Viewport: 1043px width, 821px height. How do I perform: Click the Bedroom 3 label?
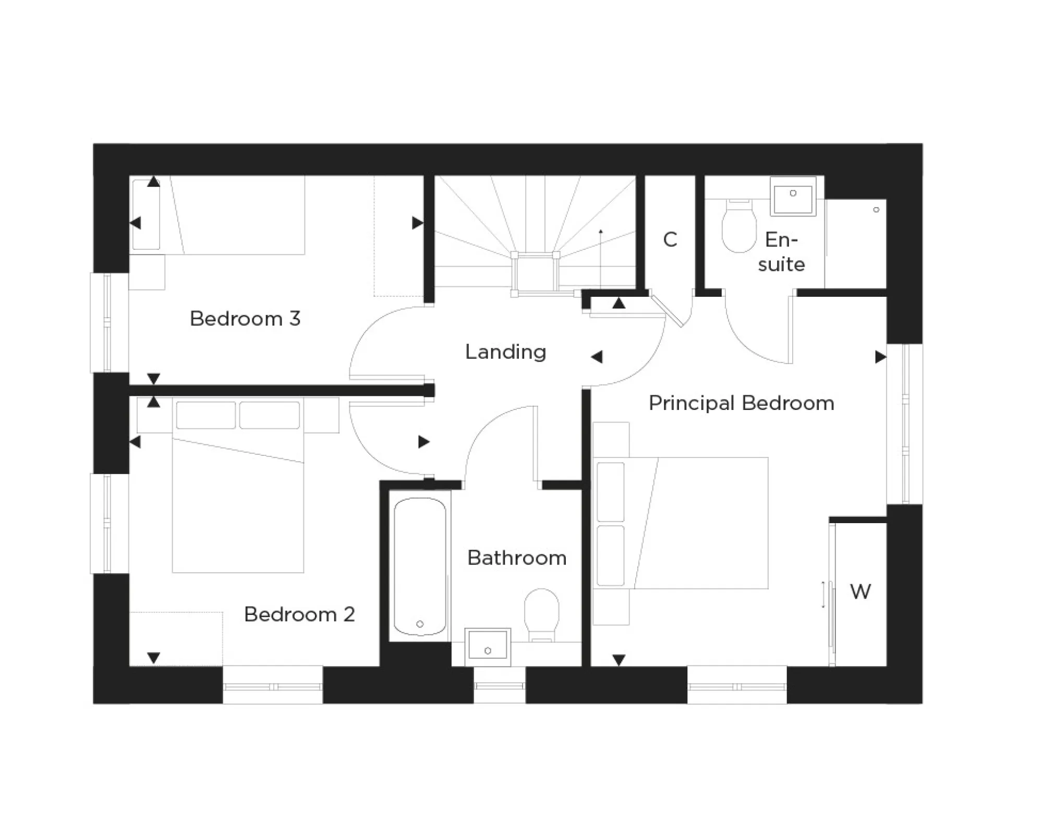(245, 319)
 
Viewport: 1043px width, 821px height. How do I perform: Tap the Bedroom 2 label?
(299, 614)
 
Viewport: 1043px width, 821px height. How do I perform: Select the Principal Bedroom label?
(741, 403)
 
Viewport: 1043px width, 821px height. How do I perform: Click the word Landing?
(505, 352)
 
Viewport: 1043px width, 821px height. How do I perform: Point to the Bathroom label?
(516, 558)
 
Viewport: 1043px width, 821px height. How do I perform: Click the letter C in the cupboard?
(670, 240)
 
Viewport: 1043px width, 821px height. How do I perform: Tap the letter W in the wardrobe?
(860, 591)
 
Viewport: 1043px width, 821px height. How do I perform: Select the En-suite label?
(781, 252)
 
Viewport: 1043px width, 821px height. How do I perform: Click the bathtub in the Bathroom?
(420, 566)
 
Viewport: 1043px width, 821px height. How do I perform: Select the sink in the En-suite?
(793, 197)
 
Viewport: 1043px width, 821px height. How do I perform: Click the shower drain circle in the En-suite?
(876, 210)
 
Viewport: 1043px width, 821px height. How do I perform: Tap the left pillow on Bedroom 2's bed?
(205, 415)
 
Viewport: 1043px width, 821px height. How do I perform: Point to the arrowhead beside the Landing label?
(597, 357)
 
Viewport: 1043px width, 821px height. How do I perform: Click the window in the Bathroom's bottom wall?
(499, 685)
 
